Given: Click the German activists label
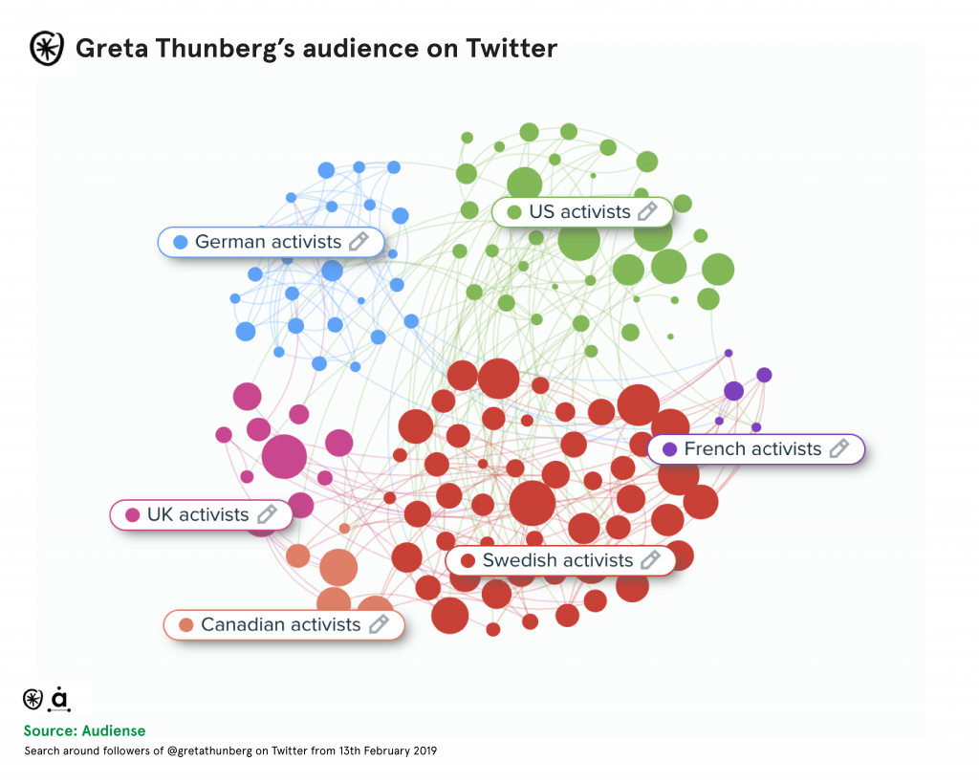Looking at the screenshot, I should click(x=268, y=242).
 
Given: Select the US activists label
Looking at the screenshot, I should click(x=579, y=211).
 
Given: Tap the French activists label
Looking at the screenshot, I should click(x=752, y=448).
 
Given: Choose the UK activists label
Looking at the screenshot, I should click(x=198, y=514).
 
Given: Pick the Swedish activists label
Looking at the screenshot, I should click(x=557, y=560).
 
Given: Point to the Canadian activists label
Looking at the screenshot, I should click(x=280, y=624).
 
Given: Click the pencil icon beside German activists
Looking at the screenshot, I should click(x=359, y=241).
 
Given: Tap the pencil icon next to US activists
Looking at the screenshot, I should click(x=647, y=211).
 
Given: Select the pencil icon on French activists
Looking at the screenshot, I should click(x=838, y=448).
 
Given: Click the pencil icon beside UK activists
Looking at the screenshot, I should click(x=267, y=514).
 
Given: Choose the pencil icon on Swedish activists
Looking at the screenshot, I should click(x=650, y=559).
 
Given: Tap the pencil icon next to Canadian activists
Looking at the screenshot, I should click(x=379, y=624).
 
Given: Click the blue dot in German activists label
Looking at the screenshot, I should click(x=180, y=242).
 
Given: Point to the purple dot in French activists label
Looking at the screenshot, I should click(x=669, y=448).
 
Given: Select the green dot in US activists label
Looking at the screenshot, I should click(x=514, y=211).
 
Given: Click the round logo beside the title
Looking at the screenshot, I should click(x=46, y=48).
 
